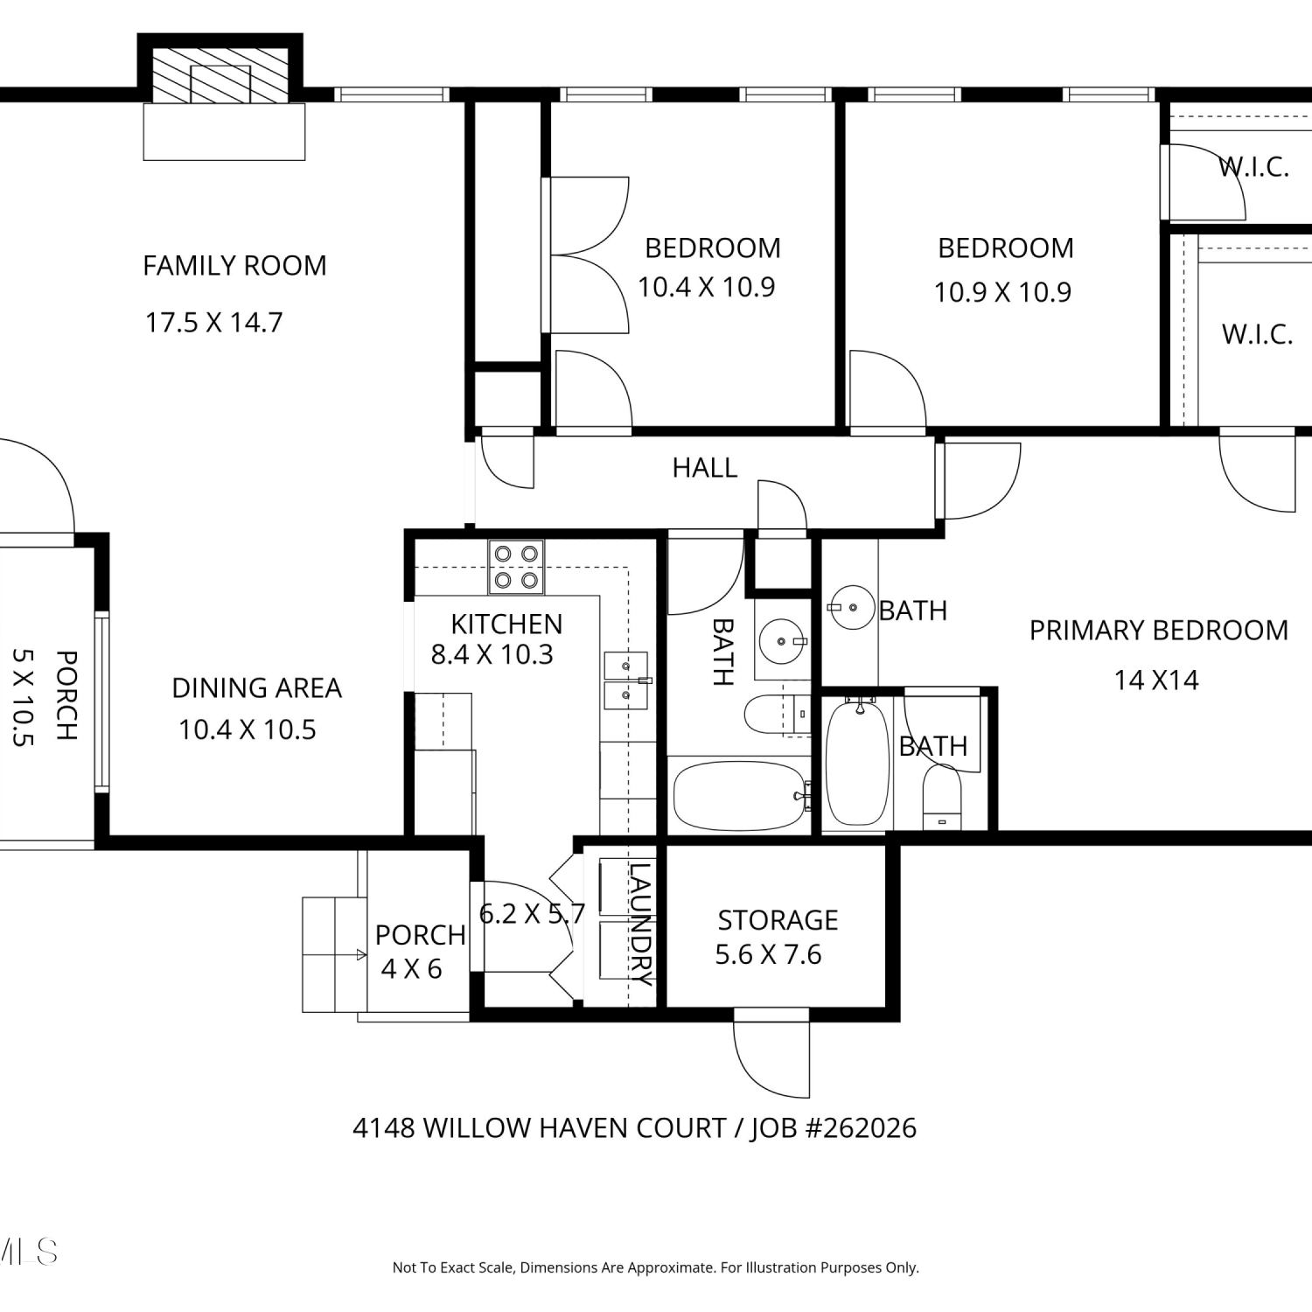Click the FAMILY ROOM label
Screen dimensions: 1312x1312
tap(234, 265)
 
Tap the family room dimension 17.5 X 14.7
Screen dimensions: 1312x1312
tap(213, 322)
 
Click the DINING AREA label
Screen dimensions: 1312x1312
tap(256, 688)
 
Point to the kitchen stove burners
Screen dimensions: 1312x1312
tap(516, 567)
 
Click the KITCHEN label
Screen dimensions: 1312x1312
tap(506, 624)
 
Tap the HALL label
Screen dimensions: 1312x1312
tap(705, 468)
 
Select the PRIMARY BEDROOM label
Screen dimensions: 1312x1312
tap(1158, 630)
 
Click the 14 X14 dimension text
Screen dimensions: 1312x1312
tap(1156, 680)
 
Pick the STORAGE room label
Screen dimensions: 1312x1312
tap(778, 920)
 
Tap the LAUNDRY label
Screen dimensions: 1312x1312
tap(641, 925)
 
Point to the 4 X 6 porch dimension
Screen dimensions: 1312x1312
tap(411, 968)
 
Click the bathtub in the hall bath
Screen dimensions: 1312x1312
tap(739, 796)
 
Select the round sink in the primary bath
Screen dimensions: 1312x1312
tap(852, 607)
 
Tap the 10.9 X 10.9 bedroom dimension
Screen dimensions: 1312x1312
tap(1002, 291)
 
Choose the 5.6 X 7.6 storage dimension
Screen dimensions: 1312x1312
tap(768, 954)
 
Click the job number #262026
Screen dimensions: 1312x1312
tap(860, 1128)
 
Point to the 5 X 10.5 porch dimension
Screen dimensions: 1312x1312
tap(24, 696)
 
